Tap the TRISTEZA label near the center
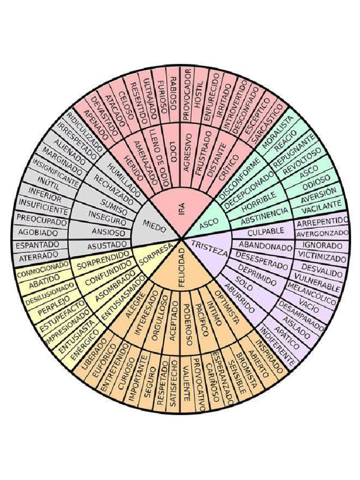209,247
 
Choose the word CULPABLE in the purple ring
266,231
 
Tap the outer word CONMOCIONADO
40,271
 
